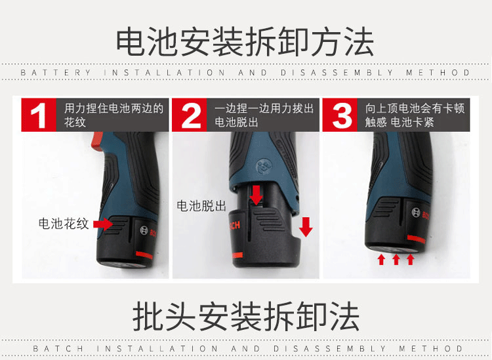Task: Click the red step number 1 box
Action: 39,115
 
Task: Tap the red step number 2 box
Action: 189,115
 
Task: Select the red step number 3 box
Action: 340,115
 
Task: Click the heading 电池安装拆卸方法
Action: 245,42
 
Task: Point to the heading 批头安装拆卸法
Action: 246,317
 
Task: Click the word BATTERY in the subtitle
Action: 56,73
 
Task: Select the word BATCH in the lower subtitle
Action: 58,348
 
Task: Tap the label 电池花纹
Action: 64,224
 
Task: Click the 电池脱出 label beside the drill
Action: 201,206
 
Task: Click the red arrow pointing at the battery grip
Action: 103,224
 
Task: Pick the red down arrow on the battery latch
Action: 256,195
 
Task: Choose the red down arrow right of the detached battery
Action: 306,226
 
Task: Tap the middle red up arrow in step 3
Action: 396,259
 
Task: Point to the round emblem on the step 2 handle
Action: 263,167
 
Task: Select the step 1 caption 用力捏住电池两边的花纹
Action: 114,115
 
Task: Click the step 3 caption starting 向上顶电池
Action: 415,115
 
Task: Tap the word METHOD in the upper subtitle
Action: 438,73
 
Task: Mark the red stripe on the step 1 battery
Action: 144,254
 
